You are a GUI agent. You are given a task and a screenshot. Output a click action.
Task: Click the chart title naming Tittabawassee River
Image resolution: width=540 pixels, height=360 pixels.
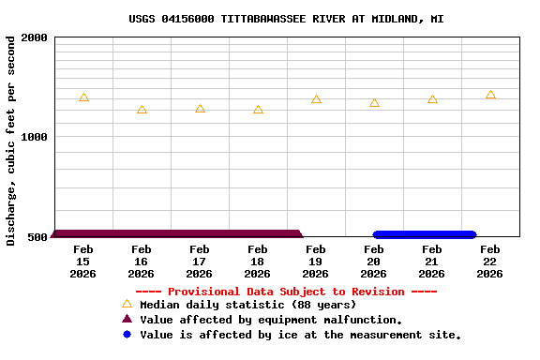point(286,19)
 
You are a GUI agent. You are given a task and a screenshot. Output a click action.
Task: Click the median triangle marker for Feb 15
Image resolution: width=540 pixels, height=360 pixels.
point(83,97)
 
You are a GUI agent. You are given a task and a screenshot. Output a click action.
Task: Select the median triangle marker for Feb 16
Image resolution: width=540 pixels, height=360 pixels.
point(142,110)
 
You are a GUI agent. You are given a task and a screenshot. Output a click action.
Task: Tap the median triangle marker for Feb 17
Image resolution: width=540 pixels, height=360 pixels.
point(200,109)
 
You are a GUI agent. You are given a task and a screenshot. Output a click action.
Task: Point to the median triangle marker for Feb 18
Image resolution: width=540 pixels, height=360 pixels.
point(258,110)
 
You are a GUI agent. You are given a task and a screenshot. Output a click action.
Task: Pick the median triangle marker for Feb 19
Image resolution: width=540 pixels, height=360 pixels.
point(316,99)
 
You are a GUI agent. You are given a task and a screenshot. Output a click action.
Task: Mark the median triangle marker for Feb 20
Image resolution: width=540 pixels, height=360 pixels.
point(374,103)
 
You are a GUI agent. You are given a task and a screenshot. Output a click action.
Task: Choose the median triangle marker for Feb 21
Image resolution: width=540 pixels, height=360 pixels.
point(432,99)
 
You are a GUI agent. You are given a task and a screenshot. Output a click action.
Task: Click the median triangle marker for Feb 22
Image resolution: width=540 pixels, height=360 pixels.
point(490,95)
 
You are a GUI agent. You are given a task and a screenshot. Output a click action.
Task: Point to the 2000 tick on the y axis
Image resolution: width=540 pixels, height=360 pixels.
point(35,37)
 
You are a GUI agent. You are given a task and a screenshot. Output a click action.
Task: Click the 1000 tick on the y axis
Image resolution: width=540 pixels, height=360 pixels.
point(35,137)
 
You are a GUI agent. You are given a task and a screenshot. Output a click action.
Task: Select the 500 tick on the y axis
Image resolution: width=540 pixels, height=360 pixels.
point(37,236)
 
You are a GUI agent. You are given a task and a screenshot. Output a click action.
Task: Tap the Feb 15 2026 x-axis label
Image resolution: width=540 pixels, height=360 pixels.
point(83,262)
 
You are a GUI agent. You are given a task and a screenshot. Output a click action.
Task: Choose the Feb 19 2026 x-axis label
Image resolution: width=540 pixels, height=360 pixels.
point(316,262)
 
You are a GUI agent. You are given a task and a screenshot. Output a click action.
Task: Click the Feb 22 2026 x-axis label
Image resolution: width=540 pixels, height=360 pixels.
point(490,262)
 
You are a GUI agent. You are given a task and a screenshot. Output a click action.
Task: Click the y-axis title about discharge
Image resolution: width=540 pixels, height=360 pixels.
point(11,141)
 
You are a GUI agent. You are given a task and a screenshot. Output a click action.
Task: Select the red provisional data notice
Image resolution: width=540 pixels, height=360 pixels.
point(286,292)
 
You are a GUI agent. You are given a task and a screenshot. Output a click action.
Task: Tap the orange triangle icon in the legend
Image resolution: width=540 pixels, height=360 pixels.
point(127,304)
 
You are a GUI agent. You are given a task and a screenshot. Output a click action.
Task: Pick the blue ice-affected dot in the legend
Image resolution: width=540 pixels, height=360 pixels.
point(127,335)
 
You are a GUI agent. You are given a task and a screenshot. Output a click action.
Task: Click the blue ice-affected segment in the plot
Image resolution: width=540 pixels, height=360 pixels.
point(425,234)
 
